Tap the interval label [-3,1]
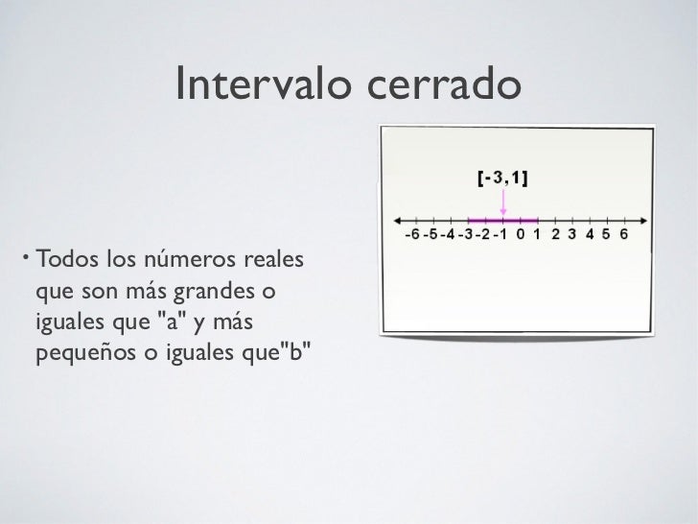(503, 178)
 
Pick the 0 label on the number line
(520, 233)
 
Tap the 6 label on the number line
(624, 233)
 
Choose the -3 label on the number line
(465, 233)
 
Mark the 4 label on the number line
(590, 233)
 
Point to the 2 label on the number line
(555, 233)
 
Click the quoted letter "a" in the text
(164, 321)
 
